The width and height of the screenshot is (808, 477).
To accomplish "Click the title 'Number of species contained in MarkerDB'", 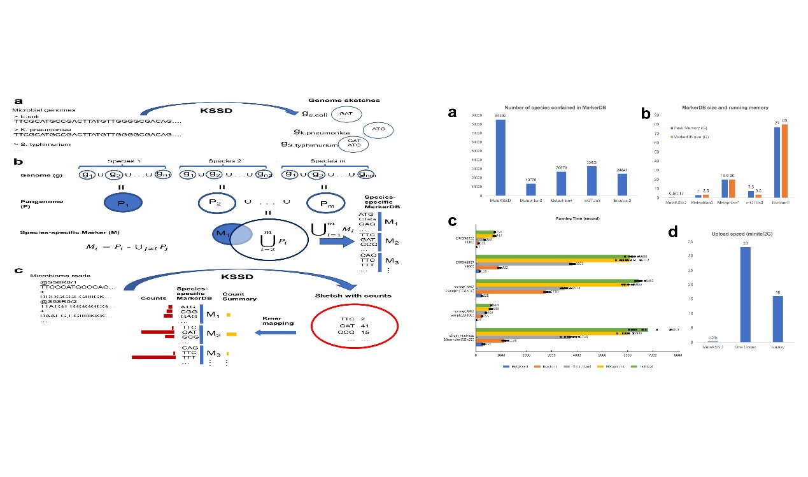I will [x=547, y=108].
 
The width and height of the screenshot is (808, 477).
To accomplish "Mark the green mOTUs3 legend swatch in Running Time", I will [x=627, y=368].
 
